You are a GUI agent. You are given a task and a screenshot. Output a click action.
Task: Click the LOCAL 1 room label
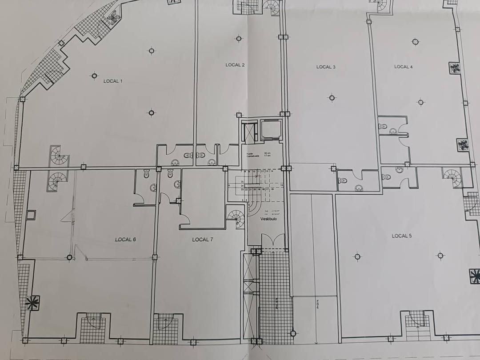click(x=113, y=81)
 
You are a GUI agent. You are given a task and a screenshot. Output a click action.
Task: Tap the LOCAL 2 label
click(x=235, y=65)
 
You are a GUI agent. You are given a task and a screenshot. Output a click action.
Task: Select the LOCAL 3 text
click(x=326, y=67)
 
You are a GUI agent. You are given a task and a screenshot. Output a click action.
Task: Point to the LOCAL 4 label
click(x=403, y=67)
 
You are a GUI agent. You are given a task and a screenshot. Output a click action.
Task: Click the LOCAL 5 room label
click(x=401, y=236)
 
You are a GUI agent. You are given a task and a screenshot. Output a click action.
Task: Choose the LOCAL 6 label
click(x=125, y=240)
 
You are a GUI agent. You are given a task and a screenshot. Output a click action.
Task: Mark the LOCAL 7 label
click(x=203, y=240)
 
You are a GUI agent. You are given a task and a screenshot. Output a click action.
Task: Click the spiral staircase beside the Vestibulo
click(x=236, y=218)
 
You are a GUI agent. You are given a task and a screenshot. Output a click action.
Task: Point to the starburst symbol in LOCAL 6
click(x=32, y=303)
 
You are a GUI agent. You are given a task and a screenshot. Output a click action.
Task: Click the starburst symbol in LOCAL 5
click(x=474, y=276)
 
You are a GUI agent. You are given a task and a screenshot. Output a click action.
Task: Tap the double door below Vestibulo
click(x=272, y=241)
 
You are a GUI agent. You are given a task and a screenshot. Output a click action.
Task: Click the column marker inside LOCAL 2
click(x=239, y=39)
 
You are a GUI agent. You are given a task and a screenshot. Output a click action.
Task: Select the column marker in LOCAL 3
click(x=332, y=98)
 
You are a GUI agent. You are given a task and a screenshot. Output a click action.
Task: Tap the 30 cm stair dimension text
click(x=267, y=153)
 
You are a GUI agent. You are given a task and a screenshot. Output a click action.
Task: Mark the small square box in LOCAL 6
click(x=31, y=216)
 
